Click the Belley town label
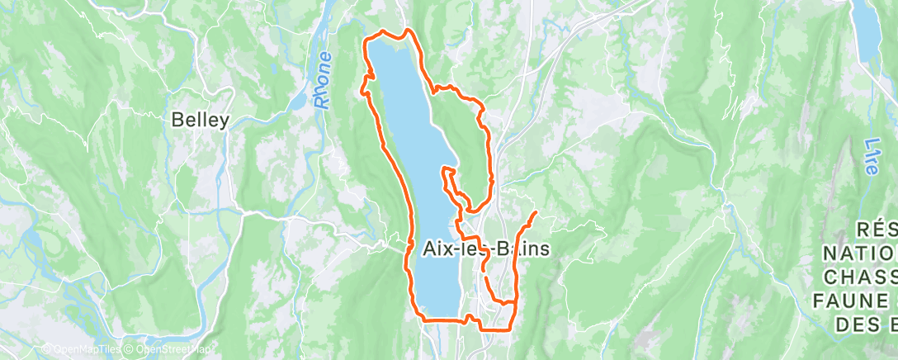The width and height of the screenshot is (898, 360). [x=200, y=120]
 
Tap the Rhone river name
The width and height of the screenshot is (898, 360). [x=323, y=80]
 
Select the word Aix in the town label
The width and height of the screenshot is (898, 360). [x=439, y=249]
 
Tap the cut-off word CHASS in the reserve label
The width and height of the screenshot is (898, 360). [x=859, y=275]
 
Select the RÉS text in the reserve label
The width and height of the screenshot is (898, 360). [x=877, y=228]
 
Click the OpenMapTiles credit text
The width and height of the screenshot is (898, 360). [x=80, y=349]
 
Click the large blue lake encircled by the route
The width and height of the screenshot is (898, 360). [x=413, y=140]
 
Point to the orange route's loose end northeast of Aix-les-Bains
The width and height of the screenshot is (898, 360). [x=536, y=213]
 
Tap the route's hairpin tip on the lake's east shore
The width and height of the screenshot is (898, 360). [x=446, y=169]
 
